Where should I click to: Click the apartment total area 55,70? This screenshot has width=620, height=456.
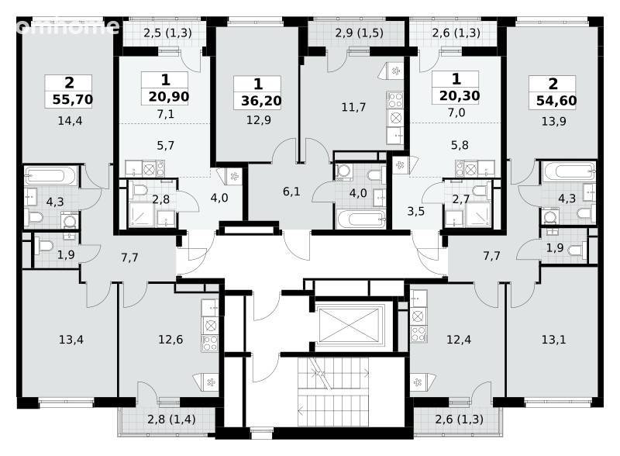(x=73, y=99)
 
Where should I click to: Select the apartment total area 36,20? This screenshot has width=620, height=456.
(x=261, y=101)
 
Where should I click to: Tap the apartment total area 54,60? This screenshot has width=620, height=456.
(x=556, y=101)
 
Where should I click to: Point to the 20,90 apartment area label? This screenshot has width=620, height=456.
(x=169, y=96)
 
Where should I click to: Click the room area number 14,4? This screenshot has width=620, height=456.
(x=70, y=121)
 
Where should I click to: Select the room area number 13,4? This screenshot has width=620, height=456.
(x=71, y=339)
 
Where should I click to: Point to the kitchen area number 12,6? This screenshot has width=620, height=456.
(x=170, y=339)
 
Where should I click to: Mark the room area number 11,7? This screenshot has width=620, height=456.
(x=353, y=107)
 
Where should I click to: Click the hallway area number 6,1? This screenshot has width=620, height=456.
(x=291, y=192)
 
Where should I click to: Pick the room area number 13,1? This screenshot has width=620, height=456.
(x=553, y=339)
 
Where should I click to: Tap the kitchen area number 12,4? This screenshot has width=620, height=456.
(x=459, y=339)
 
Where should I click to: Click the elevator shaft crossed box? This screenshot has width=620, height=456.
(x=349, y=325)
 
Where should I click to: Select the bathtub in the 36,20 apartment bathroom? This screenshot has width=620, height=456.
(x=360, y=219)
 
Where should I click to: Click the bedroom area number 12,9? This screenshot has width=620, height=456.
(x=259, y=120)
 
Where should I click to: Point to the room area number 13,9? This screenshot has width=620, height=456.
(x=553, y=121)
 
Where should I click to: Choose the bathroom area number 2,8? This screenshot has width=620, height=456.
(x=161, y=199)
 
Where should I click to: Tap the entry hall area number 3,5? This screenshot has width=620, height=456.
(x=416, y=212)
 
